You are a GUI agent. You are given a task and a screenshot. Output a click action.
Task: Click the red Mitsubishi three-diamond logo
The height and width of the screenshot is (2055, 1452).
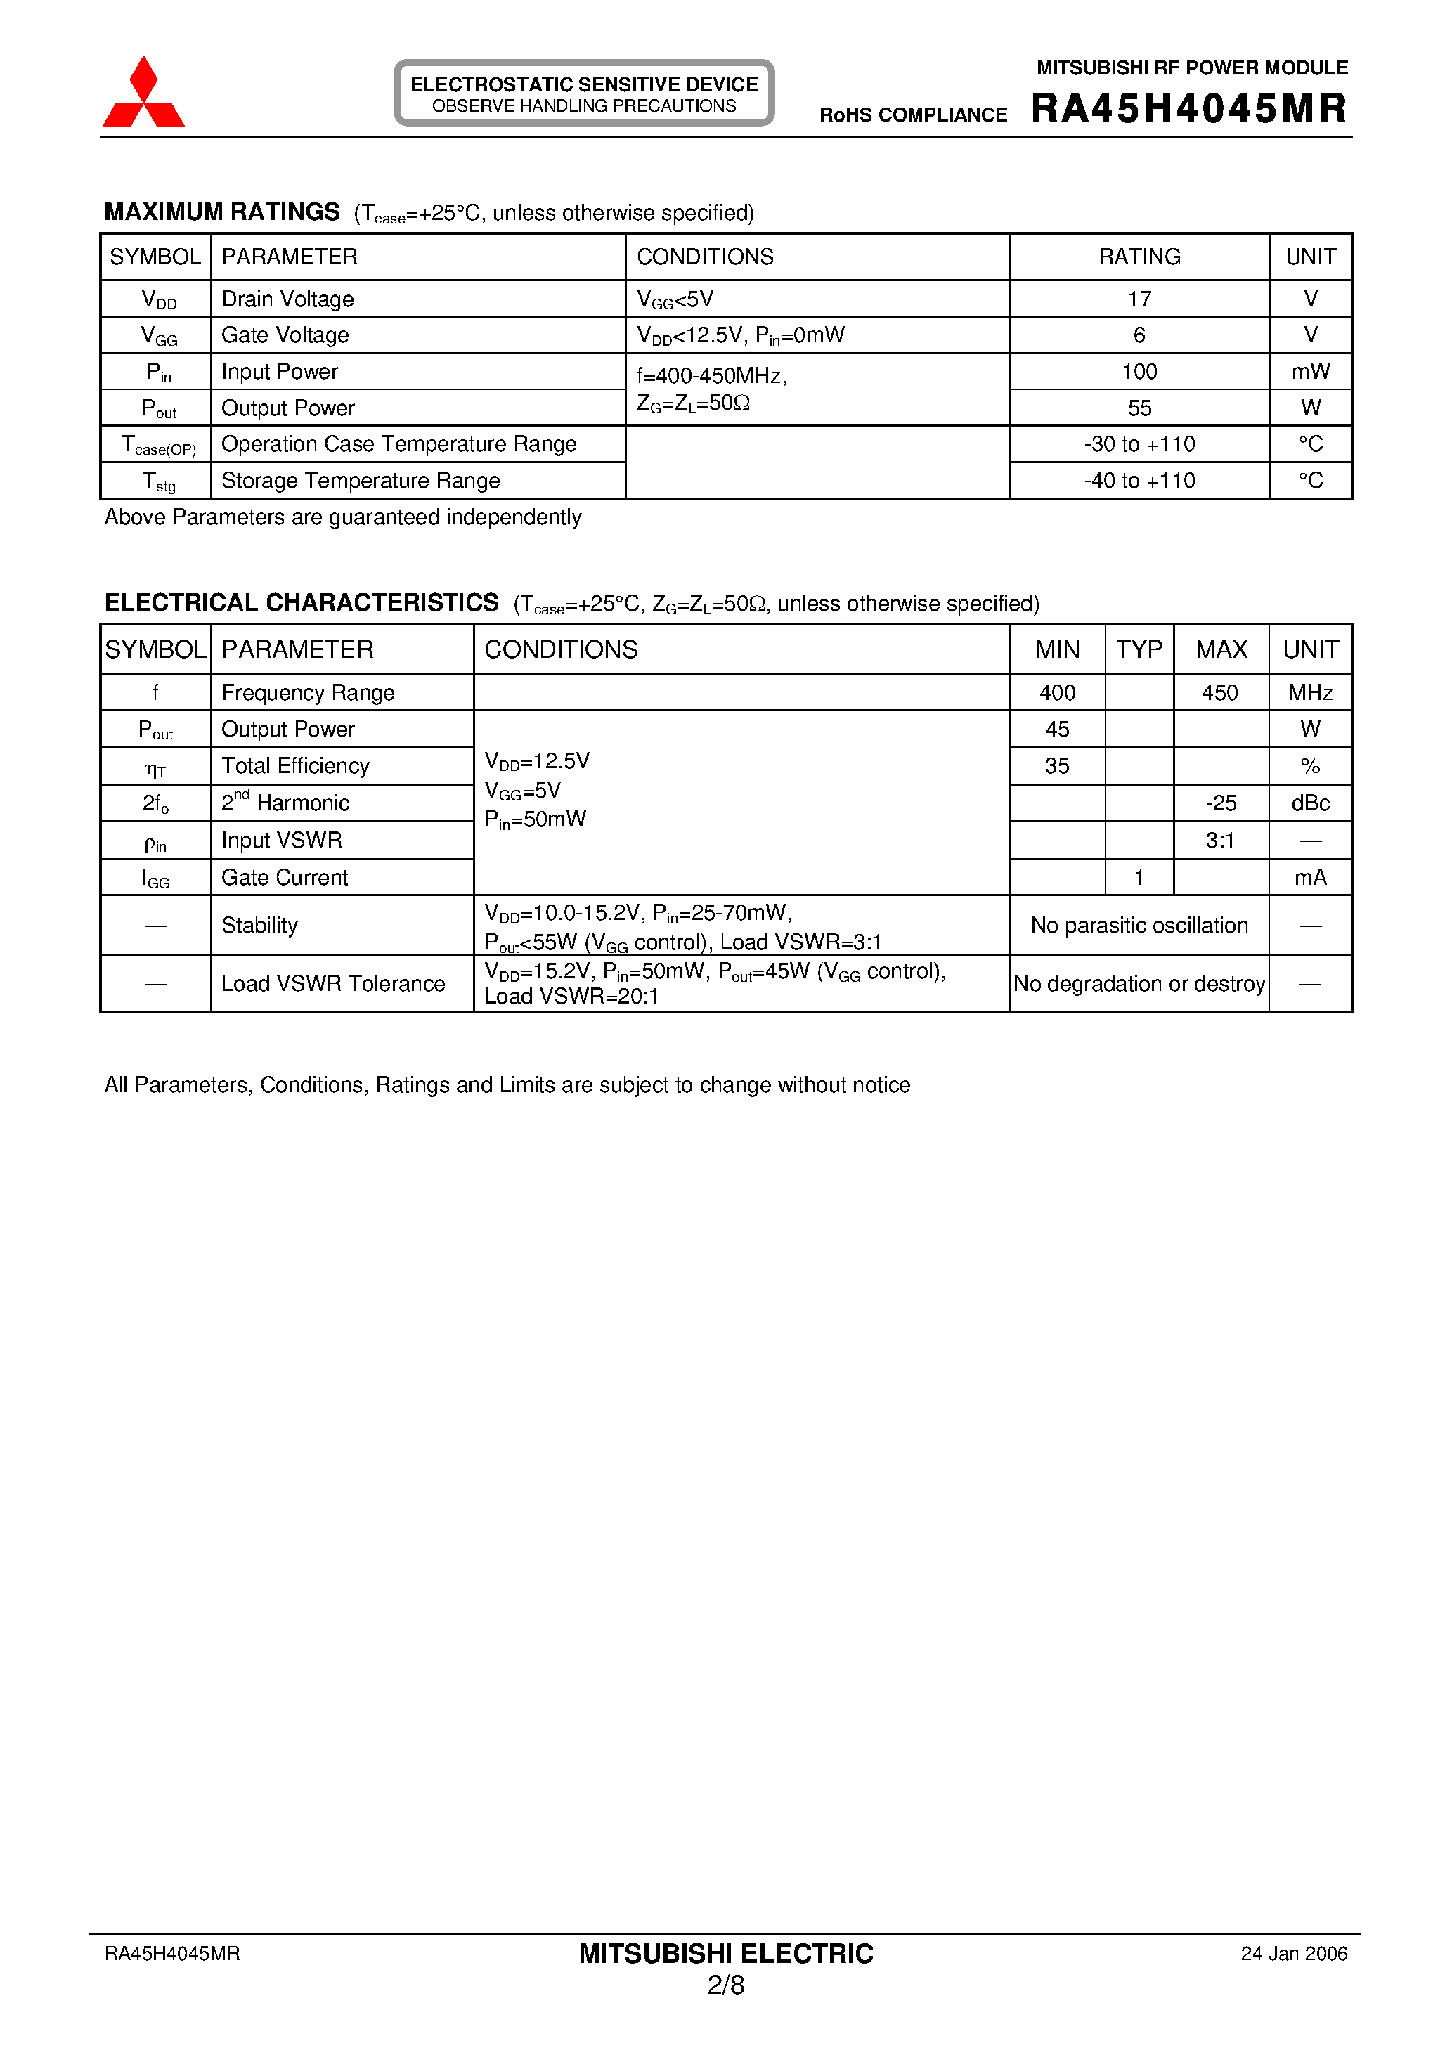[x=143, y=94]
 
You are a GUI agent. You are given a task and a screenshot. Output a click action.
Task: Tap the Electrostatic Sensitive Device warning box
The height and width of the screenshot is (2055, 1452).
[x=583, y=93]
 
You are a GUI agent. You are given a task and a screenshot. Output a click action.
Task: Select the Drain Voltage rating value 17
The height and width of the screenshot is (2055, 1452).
[x=1139, y=299]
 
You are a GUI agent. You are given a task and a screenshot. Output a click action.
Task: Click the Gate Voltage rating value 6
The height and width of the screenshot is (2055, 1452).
[x=1139, y=335]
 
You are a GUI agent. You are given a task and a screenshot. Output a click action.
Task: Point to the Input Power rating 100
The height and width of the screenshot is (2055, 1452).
[x=1139, y=372]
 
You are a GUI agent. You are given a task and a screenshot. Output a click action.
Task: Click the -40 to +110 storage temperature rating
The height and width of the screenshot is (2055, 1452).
[x=1139, y=481]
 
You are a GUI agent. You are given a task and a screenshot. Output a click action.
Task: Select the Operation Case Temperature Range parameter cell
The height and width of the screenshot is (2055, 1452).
[x=398, y=444]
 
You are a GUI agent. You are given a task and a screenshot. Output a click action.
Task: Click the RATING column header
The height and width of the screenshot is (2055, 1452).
[x=1139, y=257]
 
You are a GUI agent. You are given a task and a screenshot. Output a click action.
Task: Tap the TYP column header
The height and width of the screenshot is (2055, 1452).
[x=1139, y=649]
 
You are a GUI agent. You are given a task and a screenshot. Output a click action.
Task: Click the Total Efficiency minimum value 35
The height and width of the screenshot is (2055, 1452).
[x=1056, y=766]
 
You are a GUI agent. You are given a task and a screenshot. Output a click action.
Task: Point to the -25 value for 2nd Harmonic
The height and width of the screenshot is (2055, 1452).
[x=1220, y=803]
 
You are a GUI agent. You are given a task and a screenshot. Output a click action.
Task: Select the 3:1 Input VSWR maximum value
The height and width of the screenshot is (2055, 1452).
[x=1220, y=841]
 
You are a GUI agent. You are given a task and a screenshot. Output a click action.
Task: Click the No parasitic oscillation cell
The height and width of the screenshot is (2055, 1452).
[x=1139, y=926]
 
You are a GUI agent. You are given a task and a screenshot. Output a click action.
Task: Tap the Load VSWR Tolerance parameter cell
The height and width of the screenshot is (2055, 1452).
[x=333, y=984]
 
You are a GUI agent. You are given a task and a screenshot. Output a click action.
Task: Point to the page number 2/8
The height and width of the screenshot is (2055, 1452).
[x=725, y=1985]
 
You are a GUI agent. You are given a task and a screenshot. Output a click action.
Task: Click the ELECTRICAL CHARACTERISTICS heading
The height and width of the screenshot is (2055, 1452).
[x=302, y=602]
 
